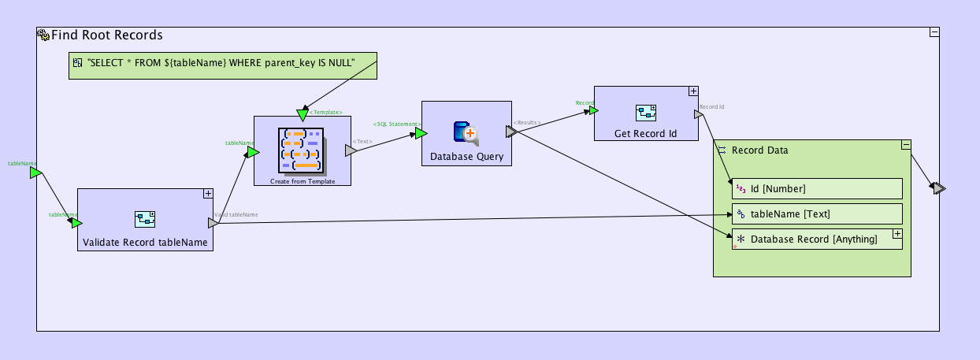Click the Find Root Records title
tap(106, 35)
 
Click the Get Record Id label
tap(645, 134)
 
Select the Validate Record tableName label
tap(145, 243)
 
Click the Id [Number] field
tap(815, 188)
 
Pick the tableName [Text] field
tap(815, 213)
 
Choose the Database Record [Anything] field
tap(811, 239)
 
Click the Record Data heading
tap(759, 150)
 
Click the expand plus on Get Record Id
tap(693, 91)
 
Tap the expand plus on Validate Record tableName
tap(208, 193)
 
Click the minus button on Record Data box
tap(906, 144)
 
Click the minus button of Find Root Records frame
tap(934, 32)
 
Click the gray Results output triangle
tap(511, 132)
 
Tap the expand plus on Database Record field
tap(896, 234)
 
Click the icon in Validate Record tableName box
tap(145, 219)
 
